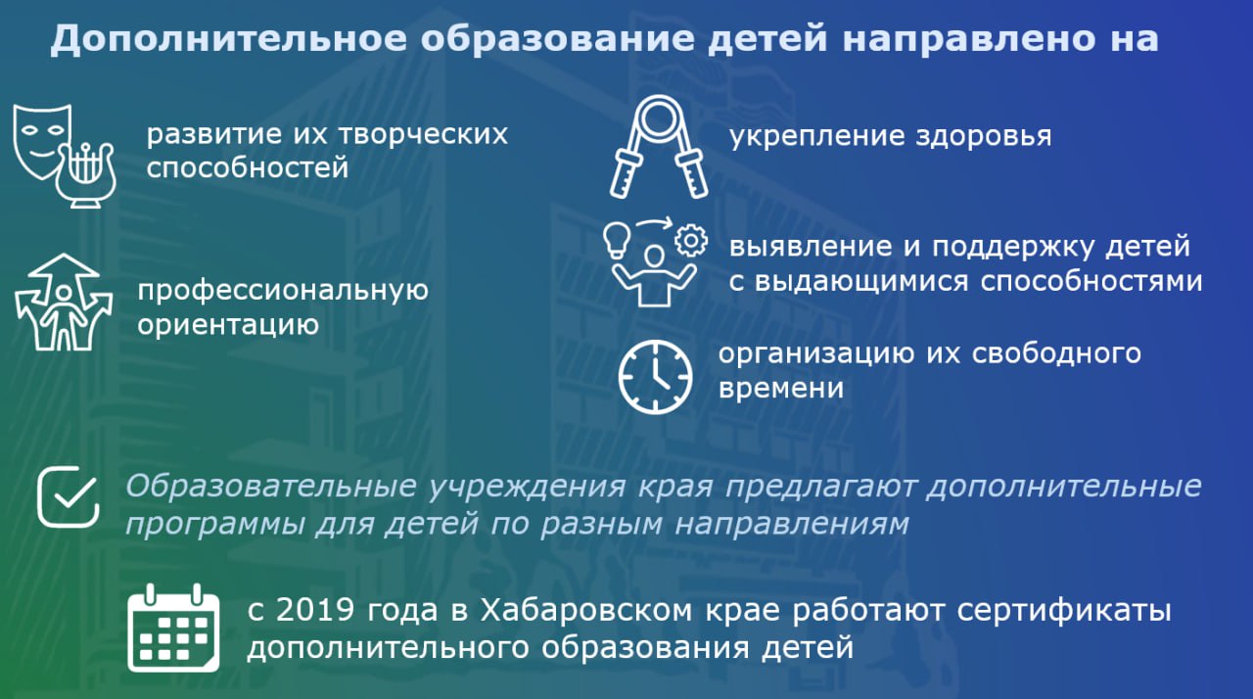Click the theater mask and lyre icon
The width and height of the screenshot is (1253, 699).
(65, 156)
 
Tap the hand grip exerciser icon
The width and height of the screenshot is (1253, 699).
(659, 147)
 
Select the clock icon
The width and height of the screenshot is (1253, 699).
(655, 377)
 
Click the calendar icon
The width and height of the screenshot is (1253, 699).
(173, 628)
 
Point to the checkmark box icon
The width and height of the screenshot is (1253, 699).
(69, 497)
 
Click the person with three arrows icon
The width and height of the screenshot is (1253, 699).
(64, 303)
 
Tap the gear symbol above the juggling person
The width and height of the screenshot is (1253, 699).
(691, 241)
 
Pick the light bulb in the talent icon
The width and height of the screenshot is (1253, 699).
(617, 240)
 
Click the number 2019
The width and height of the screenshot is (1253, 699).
(315, 609)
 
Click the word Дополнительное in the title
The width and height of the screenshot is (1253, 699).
(229, 38)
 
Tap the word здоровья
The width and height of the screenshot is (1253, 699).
(983, 136)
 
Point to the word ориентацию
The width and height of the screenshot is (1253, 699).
(228, 325)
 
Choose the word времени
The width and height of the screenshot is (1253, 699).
(781, 388)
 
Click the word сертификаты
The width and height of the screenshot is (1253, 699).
(1064, 611)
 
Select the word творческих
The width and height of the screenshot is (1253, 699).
(424, 135)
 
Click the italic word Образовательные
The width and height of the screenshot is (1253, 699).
(271, 486)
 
